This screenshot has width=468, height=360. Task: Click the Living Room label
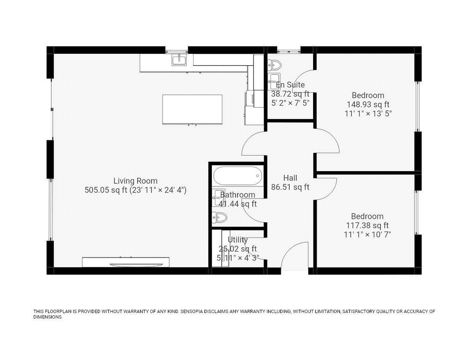coord(135,181)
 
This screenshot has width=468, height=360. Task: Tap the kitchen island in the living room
coord(192,109)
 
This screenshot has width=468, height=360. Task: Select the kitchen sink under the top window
coord(179,60)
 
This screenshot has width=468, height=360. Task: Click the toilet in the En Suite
coord(275,65)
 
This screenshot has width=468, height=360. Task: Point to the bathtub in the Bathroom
coord(238,176)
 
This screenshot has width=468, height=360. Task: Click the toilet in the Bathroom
coord(219,217)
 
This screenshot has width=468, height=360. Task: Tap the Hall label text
coord(290,178)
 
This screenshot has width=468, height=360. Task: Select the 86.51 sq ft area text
coord(290,187)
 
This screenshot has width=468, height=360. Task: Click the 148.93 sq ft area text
coord(368,105)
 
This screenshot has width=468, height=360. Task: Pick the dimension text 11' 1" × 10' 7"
coord(367,234)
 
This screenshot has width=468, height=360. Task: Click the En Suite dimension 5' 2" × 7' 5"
coord(290,103)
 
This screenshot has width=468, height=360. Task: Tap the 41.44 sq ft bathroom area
coord(238,204)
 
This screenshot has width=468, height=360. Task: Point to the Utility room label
coord(238,239)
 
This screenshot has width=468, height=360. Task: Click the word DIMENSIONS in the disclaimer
coord(48,317)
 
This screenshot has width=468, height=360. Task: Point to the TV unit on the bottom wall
coord(126,262)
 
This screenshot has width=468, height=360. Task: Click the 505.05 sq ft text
coord(106,190)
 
